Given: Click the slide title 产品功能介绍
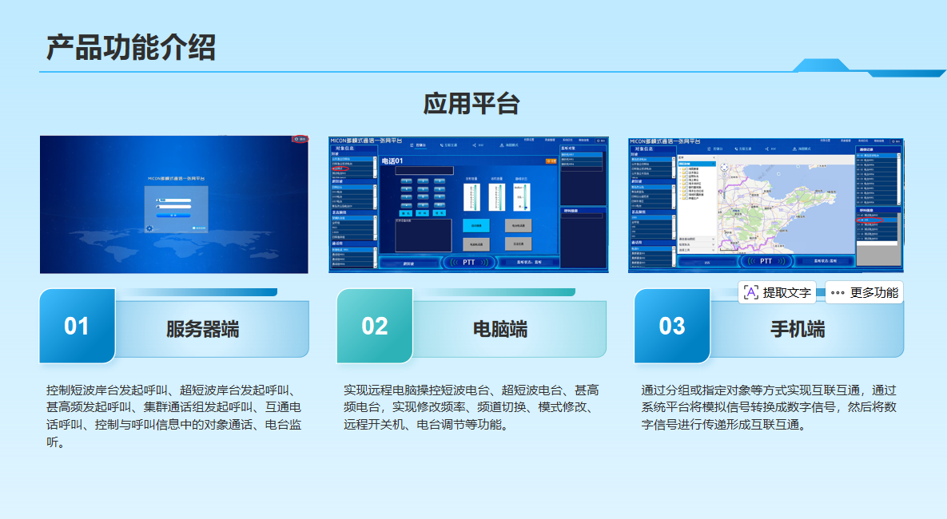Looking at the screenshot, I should [x=130, y=48].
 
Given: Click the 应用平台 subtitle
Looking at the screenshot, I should [x=472, y=104].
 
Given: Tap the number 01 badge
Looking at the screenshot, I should [x=77, y=326].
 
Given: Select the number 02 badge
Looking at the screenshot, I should [x=374, y=326].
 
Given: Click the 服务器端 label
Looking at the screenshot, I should [x=202, y=329].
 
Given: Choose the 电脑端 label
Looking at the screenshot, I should [x=500, y=329].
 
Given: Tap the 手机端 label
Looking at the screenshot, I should [x=798, y=329].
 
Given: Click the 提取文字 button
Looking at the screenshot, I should [x=777, y=293].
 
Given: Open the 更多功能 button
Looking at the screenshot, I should [x=865, y=293].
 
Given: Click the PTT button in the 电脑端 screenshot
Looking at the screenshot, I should [x=468, y=262].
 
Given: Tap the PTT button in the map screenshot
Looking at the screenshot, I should [x=766, y=261].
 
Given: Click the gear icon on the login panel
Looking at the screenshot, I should [x=149, y=228].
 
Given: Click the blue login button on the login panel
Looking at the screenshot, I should [x=167, y=215].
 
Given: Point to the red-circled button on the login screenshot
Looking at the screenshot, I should [x=300, y=139].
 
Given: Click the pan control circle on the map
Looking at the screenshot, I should [x=724, y=168].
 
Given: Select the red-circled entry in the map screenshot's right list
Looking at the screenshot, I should [x=865, y=219].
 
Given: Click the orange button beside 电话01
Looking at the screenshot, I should [x=551, y=161].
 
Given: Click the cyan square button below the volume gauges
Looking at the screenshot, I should [x=476, y=225].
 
